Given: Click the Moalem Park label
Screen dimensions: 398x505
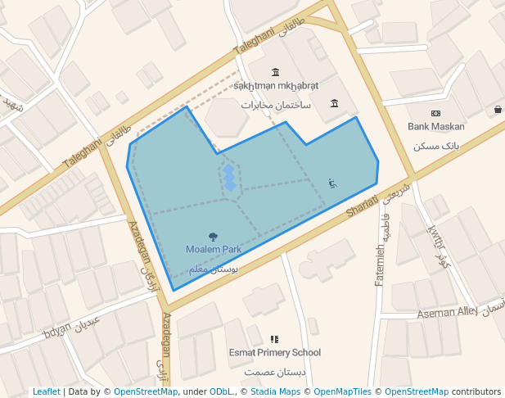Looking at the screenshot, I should coord(213,249).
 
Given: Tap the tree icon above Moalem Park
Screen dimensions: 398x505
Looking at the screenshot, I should coord(214,237).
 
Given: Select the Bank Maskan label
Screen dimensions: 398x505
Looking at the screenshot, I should coord(436,127).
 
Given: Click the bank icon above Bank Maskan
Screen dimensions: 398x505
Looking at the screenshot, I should coord(436,113).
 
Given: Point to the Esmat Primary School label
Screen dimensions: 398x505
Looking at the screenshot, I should coord(274,353).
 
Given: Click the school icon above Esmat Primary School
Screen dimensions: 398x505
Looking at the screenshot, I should coord(274,339).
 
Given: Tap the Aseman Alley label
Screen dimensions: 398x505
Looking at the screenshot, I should coord(447,313).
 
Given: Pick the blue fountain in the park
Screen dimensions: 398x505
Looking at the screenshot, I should coord(230,177).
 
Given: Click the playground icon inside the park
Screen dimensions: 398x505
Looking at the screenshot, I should coord(331,183).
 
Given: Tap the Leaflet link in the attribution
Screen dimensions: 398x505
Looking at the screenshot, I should coord(47,391).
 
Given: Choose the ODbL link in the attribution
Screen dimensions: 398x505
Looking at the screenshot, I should coord(221,391).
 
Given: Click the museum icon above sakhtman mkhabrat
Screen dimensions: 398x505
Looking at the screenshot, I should coord(275,71).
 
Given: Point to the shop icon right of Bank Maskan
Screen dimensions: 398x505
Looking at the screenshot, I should coord(498,110).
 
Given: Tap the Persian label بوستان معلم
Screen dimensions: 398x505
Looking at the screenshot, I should coord(213,269).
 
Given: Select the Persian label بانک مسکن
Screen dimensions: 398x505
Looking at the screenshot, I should coord(436,146).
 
